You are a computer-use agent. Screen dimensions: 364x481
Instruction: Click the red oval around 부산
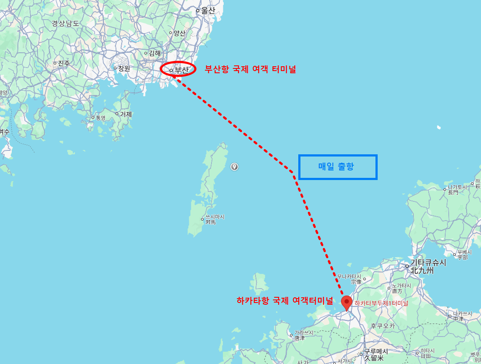tap(178, 69)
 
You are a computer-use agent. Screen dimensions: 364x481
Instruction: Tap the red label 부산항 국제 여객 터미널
tap(250, 69)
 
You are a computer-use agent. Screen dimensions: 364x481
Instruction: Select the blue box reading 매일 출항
tap(338, 167)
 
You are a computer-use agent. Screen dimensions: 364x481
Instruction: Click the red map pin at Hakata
tap(347, 302)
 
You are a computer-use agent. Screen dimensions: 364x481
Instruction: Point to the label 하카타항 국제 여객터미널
tap(285, 300)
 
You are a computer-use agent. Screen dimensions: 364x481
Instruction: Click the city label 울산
tap(208, 11)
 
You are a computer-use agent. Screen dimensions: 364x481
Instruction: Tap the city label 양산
tap(179, 33)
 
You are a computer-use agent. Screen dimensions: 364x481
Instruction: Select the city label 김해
tap(154, 53)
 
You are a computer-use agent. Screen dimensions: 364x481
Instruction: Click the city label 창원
tap(124, 68)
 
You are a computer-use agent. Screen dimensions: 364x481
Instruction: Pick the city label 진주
tap(64, 63)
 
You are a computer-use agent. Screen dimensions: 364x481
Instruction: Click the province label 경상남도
tap(65, 24)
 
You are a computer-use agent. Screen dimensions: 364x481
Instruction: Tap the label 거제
tap(126, 114)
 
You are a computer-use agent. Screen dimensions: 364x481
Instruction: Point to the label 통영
tap(100, 118)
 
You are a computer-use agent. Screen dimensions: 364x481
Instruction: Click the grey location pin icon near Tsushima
tap(235, 167)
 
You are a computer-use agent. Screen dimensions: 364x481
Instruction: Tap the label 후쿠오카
tap(382, 326)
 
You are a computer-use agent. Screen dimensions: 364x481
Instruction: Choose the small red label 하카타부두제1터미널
tap(381, 303)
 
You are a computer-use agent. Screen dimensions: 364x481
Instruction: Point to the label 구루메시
tap(376, 352)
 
